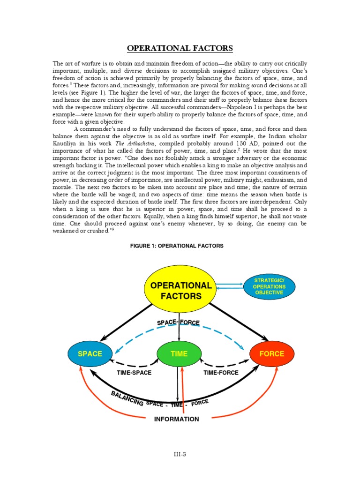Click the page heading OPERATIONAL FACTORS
(180, 48)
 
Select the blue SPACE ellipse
(90, 353)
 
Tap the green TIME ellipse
(179, 354)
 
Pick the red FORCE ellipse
(272, 354)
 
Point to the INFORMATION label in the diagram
(176, 419)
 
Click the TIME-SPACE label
(134, 373)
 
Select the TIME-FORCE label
(221, 373)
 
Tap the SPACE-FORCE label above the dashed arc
(178, 322)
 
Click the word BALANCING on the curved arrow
(127, 399)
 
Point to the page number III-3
(180, 454)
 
